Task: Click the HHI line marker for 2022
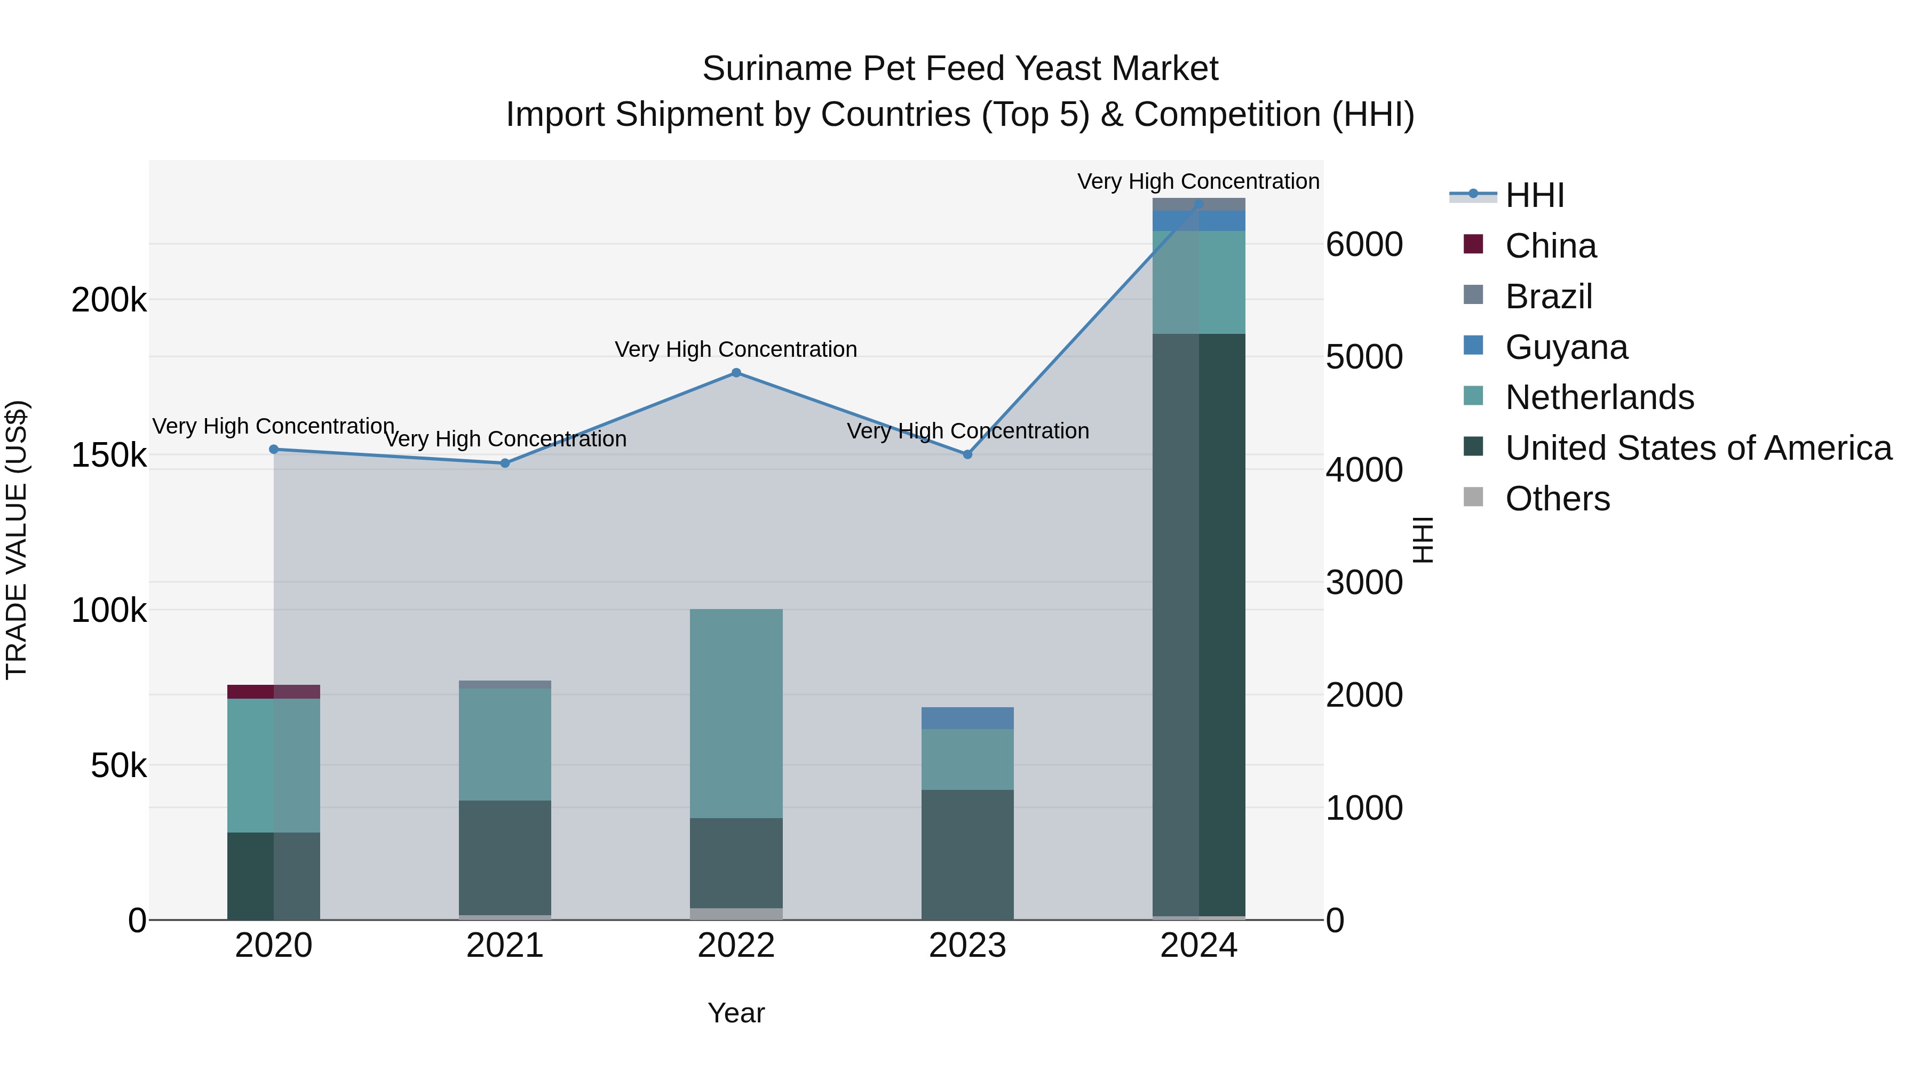[x=736, y=373]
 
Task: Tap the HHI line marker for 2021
[x=505, y=463]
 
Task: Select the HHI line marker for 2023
[x=967, y=454]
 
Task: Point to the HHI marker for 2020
[x=274, y=450]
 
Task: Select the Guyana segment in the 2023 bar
[x=967, y=718]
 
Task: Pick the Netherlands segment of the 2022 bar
[x=736, y=713]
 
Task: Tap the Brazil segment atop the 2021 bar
[x=505, y=684]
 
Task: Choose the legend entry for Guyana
[x=1566, y=347]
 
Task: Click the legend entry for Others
[x=1557, y=499]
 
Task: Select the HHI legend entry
[x=1534, y=195]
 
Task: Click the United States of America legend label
[x=1698, y=448]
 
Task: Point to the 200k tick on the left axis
[x=109, y=300]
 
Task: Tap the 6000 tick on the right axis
[x=1364, y=244]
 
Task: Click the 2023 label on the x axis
[x=967, y=946]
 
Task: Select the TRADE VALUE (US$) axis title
[x=17, y=540]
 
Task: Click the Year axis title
[x=736, y=1013]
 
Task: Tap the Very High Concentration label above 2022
[x=735, y=349]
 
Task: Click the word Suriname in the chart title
[x=776, y=69]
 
